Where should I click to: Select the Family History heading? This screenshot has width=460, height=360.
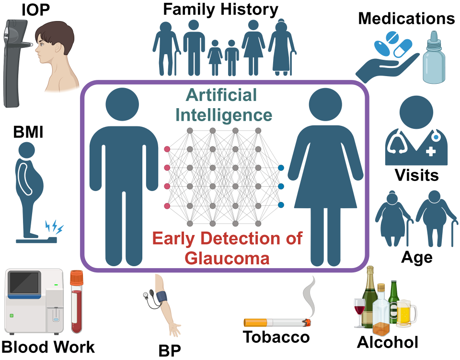pos(221,9)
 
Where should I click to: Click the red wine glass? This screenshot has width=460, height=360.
pos(359,311)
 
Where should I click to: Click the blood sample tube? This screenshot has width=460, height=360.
pos(77,302)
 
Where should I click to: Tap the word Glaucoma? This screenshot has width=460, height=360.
pos(227,258)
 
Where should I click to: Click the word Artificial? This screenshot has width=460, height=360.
pos(221,95)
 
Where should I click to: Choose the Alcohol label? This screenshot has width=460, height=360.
pos(388,342)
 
